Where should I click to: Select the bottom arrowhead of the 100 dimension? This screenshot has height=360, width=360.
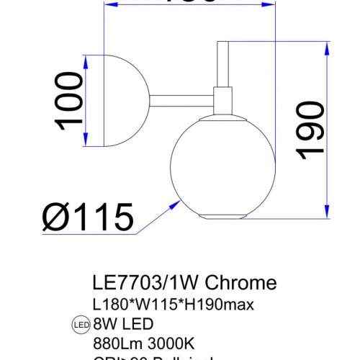pyautogui.click(x=87, y=140)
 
